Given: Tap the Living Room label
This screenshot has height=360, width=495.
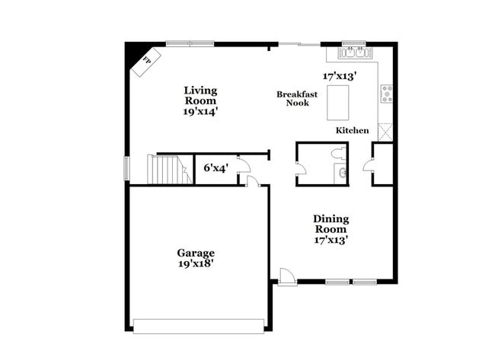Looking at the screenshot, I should click(200, 95).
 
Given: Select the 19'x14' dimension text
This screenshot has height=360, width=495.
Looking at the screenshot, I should click(200, 111).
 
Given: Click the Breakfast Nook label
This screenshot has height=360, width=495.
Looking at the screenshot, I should click(292, 98).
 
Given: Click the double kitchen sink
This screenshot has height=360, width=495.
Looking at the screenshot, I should click(355, 53).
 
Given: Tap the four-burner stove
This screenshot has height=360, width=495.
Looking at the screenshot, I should click(386, 94).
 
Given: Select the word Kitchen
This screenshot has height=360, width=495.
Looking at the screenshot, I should click(353, 131).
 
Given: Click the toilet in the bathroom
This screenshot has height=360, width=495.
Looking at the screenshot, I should click(337, 153).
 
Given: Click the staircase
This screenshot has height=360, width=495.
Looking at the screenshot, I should click(168, 169).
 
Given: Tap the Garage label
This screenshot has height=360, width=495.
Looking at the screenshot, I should click(196, 253).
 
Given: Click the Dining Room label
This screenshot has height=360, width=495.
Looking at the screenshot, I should click(331, 224).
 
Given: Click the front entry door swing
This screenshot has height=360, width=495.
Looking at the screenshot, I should click(286, 276).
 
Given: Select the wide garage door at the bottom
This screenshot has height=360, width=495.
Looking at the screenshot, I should click(199, 326).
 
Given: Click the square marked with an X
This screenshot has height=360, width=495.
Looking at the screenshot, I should click(386, 132).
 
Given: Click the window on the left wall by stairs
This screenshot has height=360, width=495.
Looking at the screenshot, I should click(127, 168).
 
